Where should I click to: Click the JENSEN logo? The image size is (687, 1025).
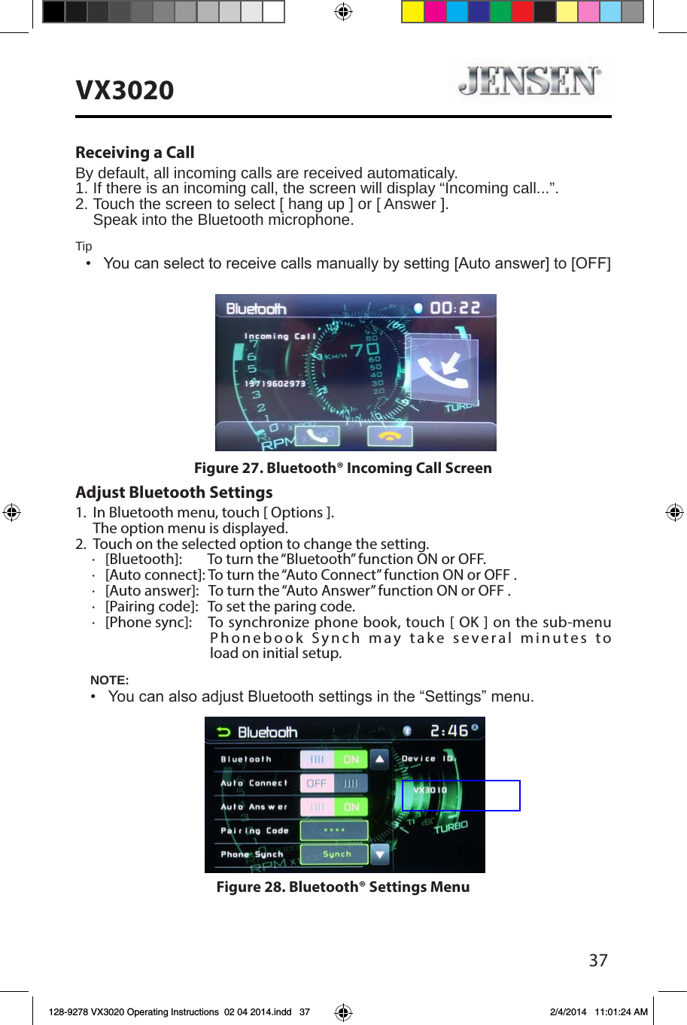pyautogui.click(x=530, y=80)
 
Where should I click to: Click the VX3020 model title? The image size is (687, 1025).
pyautogui.click(x=125, y=90)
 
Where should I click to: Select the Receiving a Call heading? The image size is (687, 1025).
pyautogui.click(x=135, y=153)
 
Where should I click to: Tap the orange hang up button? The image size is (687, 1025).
pyautogui.click(x=389, y=436)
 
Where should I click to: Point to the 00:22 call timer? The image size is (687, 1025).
pyautogui.click(x=454, y=308)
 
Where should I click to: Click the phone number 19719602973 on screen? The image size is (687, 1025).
pyautogui.click(x=275, y=384)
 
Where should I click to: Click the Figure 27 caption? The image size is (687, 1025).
pyautogui.click(x=342, y=468)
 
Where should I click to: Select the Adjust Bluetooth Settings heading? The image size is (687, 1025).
pyautogui.click(x=174, y=493)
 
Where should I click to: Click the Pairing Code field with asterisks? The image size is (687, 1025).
pyautogui.click(x=333, y=830)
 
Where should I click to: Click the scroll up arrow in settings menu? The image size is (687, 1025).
pyautogui.click(x=380, y=759)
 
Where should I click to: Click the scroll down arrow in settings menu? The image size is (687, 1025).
pyautogui.click(x=380, y=854)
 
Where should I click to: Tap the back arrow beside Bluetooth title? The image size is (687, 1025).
pyautogui.click(x=223, y=732)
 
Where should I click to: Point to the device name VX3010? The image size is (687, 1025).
pyautogui.click(x=430, y=790)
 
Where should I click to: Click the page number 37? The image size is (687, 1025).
pyautogui.click(x=598, y=960)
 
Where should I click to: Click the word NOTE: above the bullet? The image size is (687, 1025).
pyautogui.click(x=109, y=680)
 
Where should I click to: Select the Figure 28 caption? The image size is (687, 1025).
pyautogui.click(x=342, y=887)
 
